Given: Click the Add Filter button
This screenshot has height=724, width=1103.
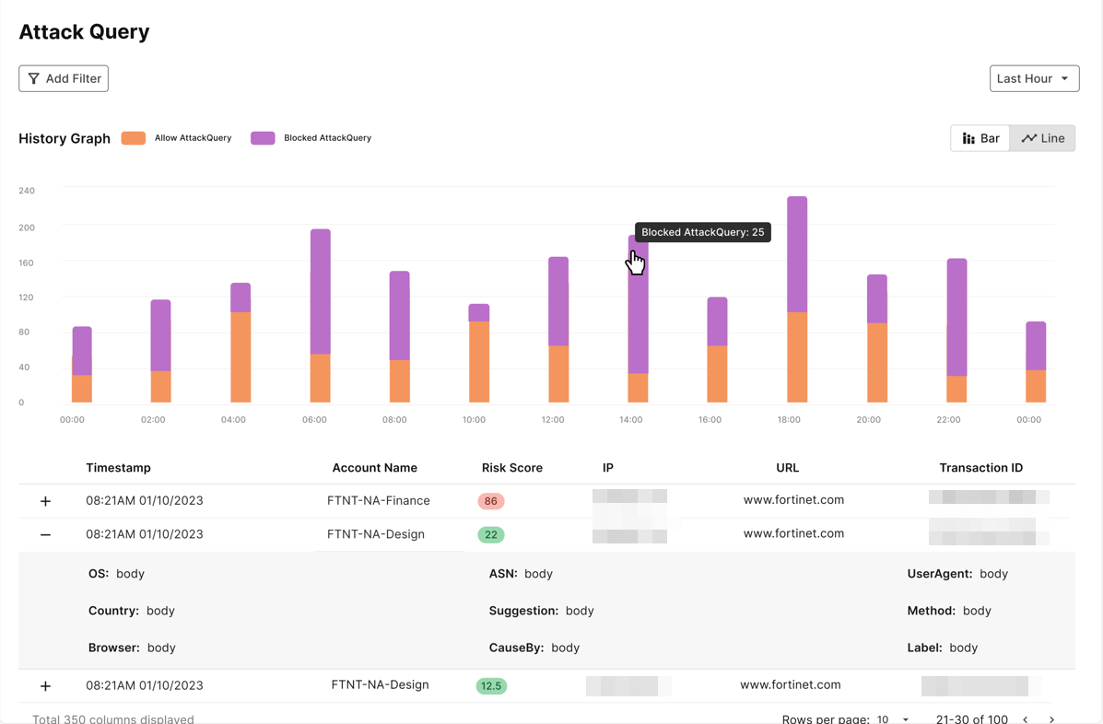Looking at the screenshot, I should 64,78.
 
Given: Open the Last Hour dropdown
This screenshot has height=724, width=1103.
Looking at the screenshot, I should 1034,78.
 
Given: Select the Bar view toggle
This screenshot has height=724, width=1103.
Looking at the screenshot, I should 980,138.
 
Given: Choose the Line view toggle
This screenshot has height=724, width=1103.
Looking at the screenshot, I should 1043,138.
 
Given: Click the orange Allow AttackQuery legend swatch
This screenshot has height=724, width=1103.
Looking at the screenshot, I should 134,138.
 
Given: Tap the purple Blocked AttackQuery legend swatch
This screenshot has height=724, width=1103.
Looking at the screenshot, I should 263,138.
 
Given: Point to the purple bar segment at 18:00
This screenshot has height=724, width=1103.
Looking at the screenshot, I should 797,254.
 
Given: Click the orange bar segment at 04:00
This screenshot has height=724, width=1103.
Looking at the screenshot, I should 241,357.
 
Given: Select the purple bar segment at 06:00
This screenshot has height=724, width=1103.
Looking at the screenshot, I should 320,291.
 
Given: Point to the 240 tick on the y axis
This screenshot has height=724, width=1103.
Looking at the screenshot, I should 27,191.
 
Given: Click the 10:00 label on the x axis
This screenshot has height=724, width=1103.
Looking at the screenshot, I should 474,420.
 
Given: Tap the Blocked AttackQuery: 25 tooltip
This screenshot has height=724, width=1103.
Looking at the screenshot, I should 702,232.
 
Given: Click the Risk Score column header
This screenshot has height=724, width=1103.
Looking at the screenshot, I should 511,468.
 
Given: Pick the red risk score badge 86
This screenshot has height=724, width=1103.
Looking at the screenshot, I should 490,501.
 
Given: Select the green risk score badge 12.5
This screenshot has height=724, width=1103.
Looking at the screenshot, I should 491,686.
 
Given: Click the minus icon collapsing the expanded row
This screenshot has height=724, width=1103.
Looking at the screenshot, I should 45,535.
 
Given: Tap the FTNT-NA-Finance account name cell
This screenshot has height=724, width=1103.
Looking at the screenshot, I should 378,501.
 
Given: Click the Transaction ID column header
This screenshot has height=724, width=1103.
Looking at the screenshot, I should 980,468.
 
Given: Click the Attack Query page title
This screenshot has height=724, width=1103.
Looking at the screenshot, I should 84,31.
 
